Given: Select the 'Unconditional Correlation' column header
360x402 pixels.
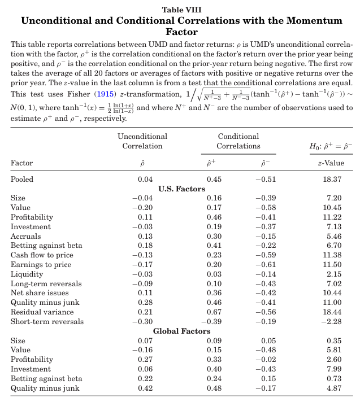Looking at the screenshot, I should pos(142,141).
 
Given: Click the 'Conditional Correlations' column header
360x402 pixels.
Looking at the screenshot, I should pos(238,141).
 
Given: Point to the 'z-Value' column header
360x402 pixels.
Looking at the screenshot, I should pos(331,163).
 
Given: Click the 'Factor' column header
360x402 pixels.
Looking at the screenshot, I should pos(22,163).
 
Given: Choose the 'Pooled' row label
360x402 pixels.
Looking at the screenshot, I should pos(22,180).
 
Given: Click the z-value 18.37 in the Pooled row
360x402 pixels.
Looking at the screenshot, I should pos(333,180).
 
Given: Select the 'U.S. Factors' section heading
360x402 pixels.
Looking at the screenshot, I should pos(181,189).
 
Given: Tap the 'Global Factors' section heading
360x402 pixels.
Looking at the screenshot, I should pos(181,331).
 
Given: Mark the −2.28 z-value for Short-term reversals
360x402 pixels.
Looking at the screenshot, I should pos(333,321).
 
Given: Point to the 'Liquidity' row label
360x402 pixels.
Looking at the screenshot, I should pos(27,274).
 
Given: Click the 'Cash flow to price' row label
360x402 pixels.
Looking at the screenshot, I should pos(41,255).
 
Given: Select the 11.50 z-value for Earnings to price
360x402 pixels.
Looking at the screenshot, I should pos(333,264).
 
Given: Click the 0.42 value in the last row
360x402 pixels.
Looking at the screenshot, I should pos(145,388).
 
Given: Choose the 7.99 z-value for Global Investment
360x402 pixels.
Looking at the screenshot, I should pos(335,369).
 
